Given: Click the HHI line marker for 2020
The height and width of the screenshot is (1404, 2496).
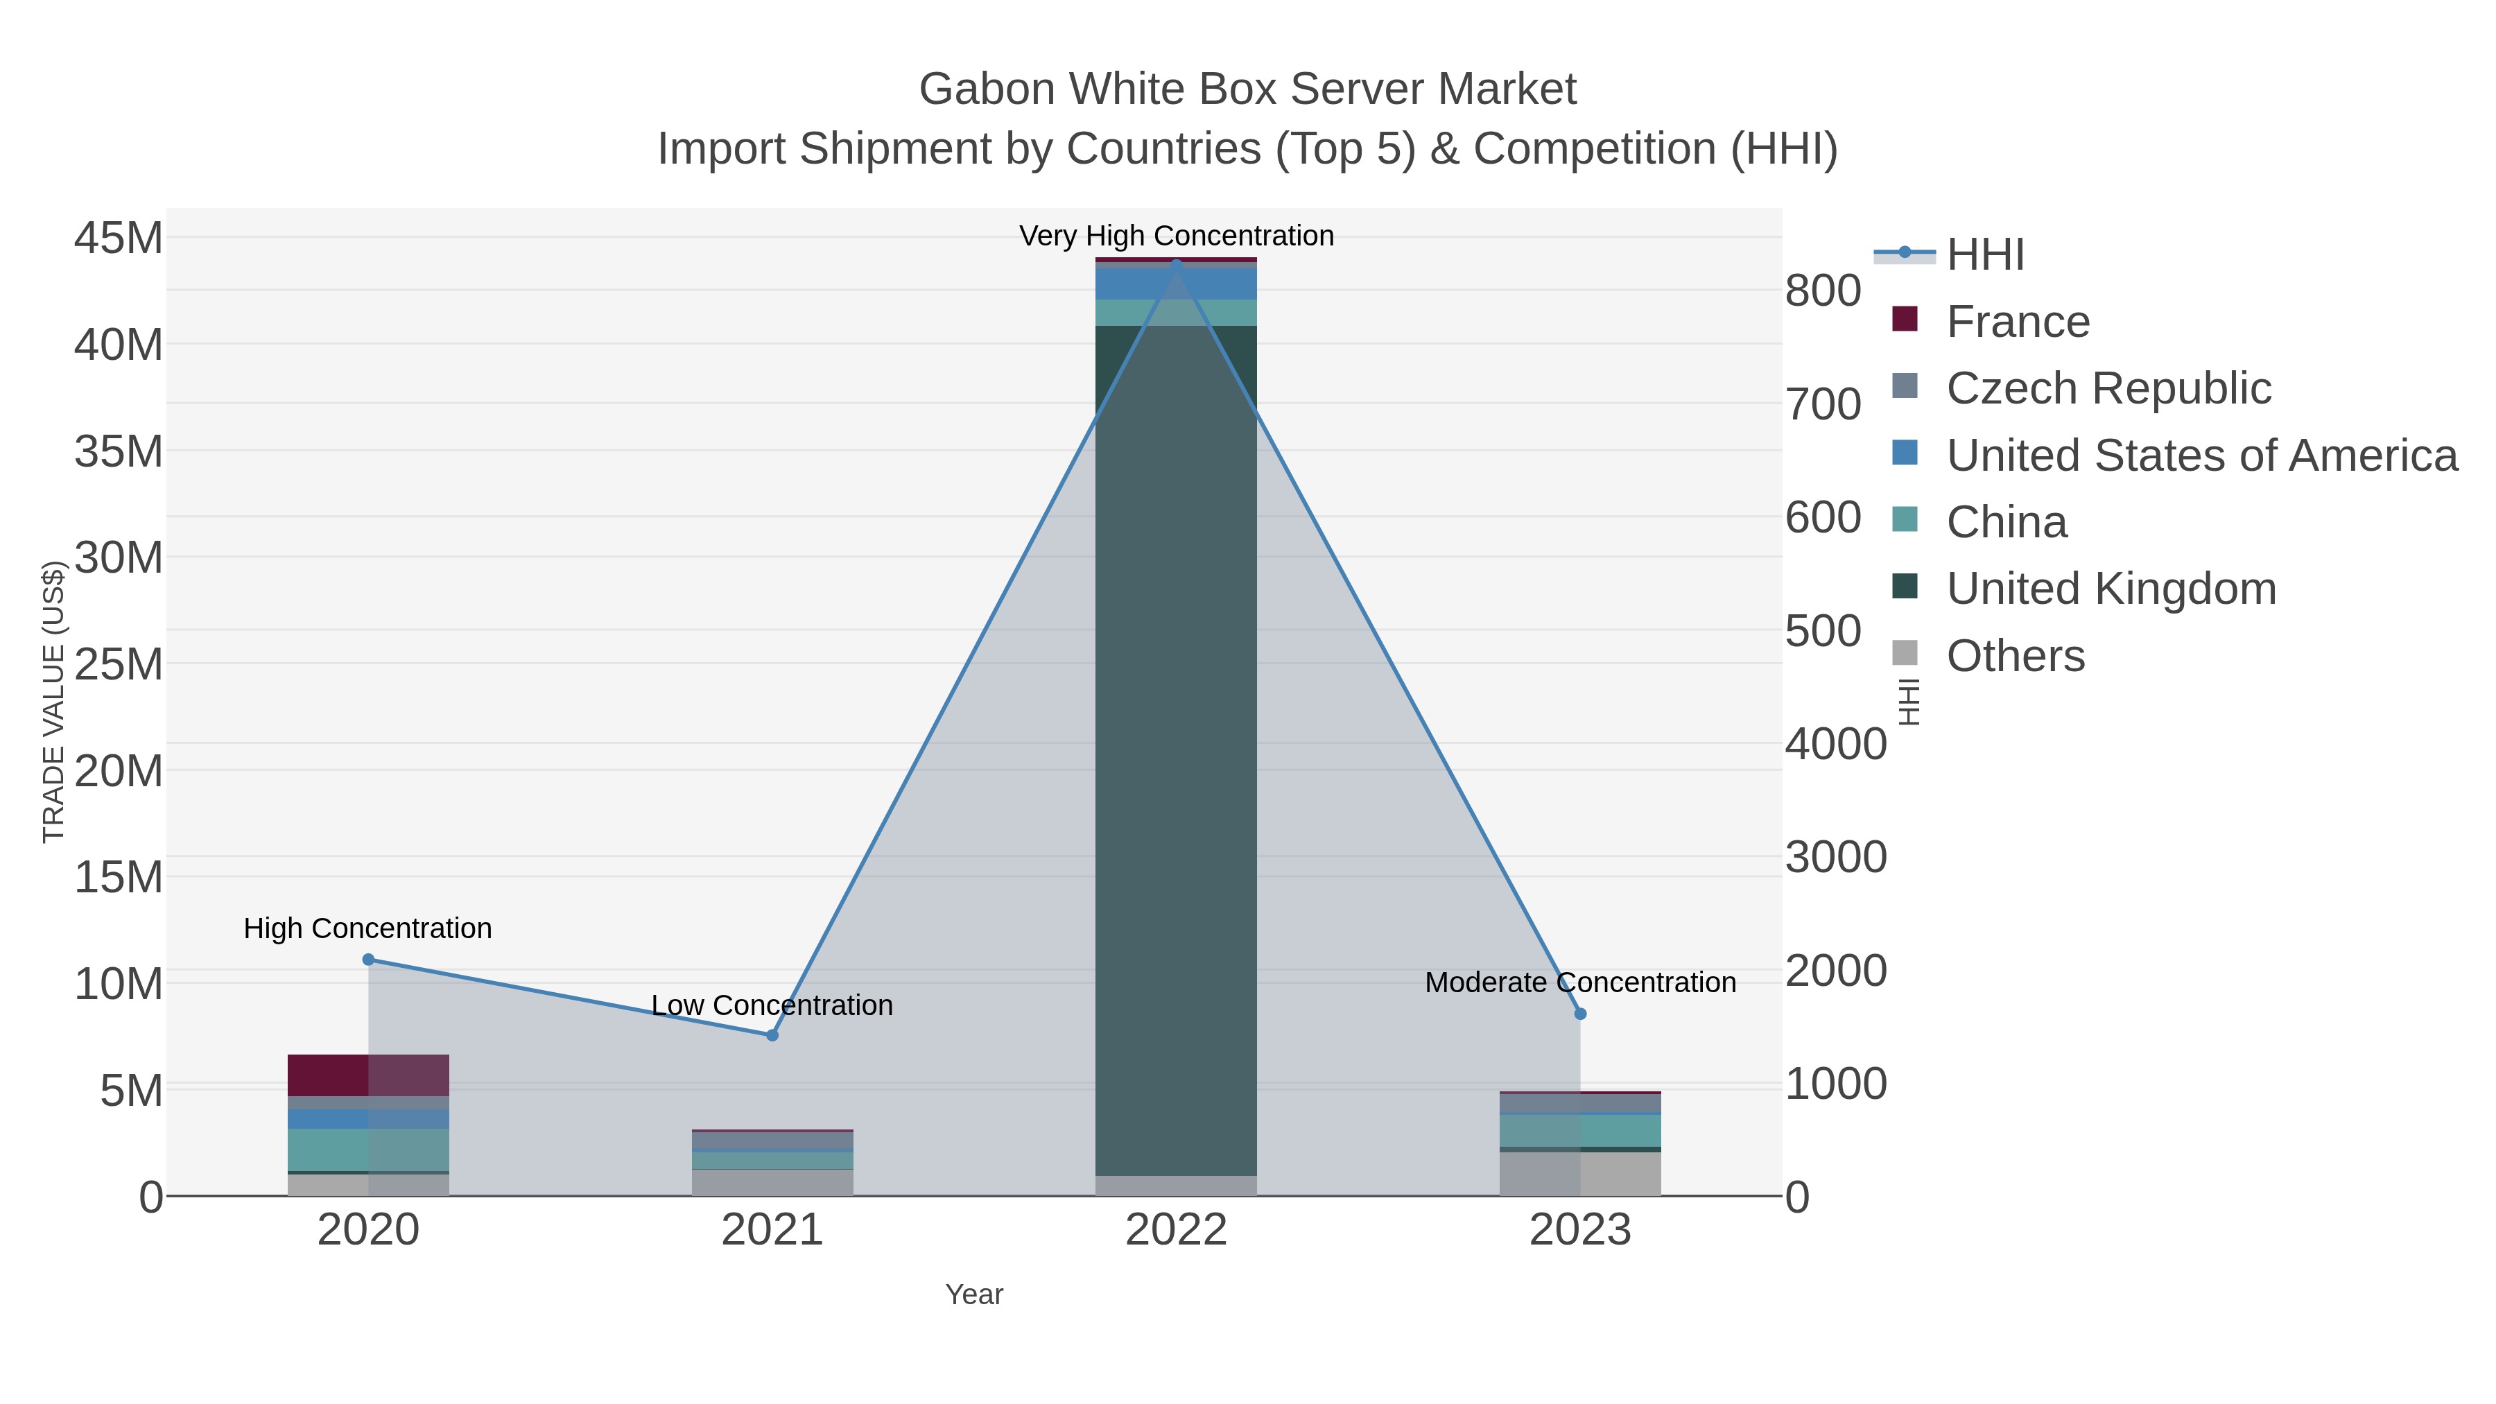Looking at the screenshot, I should [368, 960].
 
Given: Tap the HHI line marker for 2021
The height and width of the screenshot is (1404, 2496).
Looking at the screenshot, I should [772, 1035].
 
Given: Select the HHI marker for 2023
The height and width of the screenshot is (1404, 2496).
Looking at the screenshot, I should [1580, 1014].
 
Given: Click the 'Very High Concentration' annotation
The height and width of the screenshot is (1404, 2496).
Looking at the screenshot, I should [1177, 236].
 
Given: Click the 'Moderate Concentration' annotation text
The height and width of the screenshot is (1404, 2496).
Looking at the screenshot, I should [1579, 982].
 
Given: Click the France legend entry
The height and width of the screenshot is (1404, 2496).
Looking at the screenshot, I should [2018, 322].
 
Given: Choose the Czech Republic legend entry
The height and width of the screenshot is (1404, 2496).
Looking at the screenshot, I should [2108, 388].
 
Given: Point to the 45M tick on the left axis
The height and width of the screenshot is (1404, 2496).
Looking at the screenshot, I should [118, 237].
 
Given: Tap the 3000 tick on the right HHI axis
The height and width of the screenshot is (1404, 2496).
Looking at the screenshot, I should [1835, 858].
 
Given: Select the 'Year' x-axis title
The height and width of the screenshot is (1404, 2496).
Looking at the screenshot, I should [974, 1294].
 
